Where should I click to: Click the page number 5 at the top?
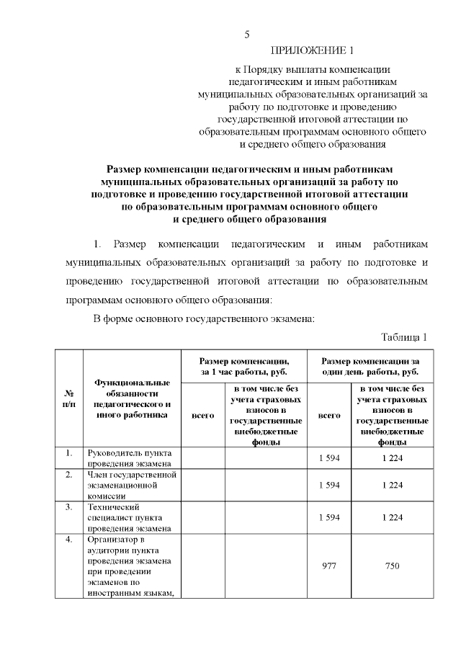(246, 34)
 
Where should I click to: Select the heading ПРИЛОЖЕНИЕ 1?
(313, 50)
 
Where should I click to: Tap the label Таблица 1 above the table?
(404, 337)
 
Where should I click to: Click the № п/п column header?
(71, 398)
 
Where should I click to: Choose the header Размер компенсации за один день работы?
(370, 366)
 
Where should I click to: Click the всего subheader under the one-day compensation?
(329, 416)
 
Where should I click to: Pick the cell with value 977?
(329, 566)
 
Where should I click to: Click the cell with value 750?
(392, 566)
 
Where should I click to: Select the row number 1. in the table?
(69, 453)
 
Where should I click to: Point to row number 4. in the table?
(69, 539)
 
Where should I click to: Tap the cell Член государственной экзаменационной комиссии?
(132, 485)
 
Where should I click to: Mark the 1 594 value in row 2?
(329, 485)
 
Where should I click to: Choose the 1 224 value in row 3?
(392, 517)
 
